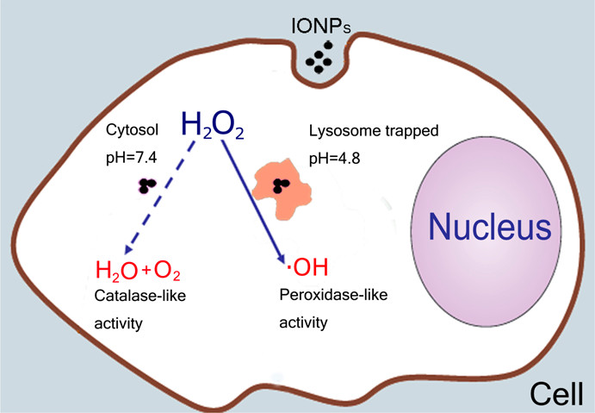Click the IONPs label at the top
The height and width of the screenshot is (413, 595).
pyautogui.click(x=320, y=18)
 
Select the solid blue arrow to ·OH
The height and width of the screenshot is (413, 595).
pyautogui.click(x=254, y=198)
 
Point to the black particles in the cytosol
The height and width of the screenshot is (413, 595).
pyautogui.click(x=147, y=185)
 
